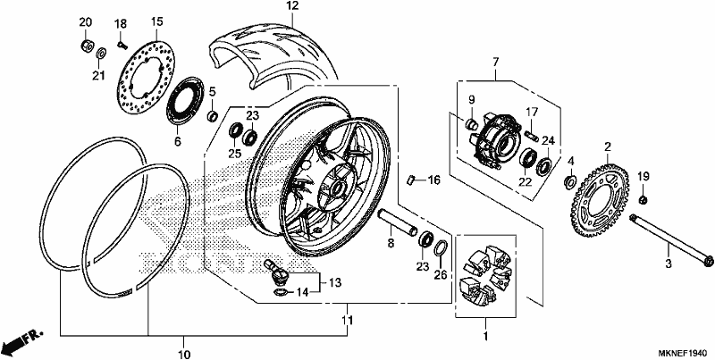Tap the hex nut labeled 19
click(643, 199)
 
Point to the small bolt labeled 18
click(122, 45)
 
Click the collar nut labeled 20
click(86, 46)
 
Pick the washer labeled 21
click(102, 53)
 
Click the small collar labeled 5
click(213, 116)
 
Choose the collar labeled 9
click(471, 123)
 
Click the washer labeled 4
click(569, 182)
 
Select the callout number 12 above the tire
click(292, 6)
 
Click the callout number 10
click(184, 354)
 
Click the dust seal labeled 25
click(235, 130)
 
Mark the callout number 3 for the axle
click(668, 264)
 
